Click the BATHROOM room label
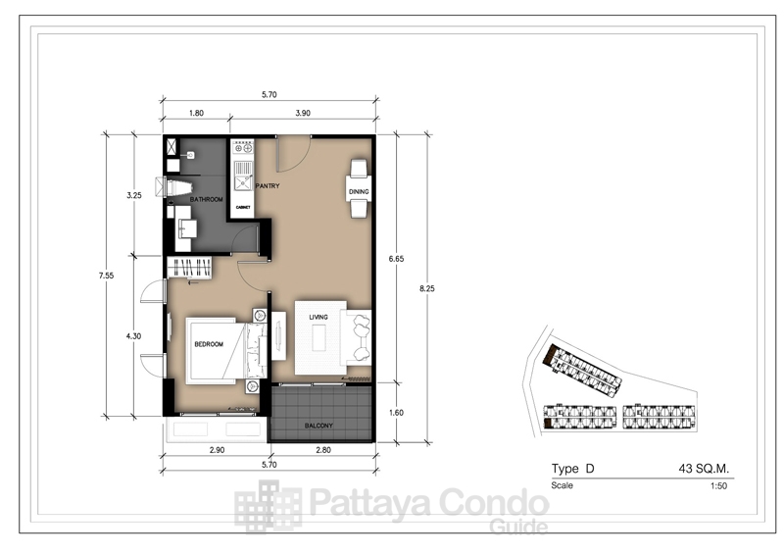(x=206, y=200)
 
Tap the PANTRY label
(x=268, y=186)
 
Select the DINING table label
(x=359, y=191)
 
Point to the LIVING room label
(x=318, y=317)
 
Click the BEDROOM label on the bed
(x=209, y=344)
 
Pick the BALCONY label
(x=318, y=426)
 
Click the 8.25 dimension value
(x=427, y=288)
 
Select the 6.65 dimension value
(x=396, y=259)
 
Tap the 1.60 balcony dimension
(x=396, y=413)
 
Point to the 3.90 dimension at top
(x=303, y=113)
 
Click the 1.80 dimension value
(x=196, y=113)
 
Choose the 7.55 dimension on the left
(x=106, y=276)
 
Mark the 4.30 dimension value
(x=133, y=336)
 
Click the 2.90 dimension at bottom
(x=217, y=450)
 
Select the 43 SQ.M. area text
(x=704, y=469)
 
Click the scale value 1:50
(x=718, y=485)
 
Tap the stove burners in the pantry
(x=243, y=148)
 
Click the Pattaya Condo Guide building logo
(x=268, y=506)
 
